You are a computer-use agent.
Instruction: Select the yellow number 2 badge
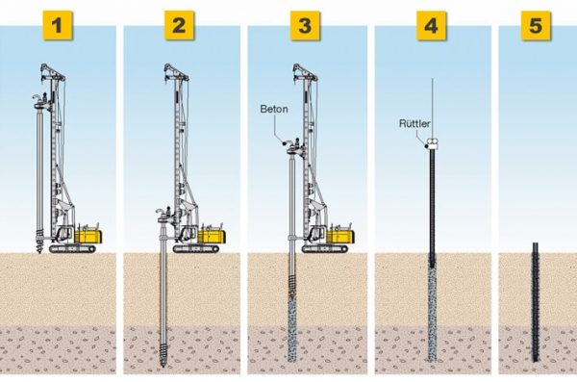pos(177,26)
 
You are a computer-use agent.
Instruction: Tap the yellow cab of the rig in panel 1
pos(89,234)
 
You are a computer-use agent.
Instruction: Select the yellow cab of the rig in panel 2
pos(213,234)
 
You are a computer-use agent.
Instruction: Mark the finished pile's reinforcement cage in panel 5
pos(536,298)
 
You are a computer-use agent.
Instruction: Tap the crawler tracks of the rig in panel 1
pos(75,249)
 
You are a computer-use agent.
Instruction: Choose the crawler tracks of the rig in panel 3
pos(325,249)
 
